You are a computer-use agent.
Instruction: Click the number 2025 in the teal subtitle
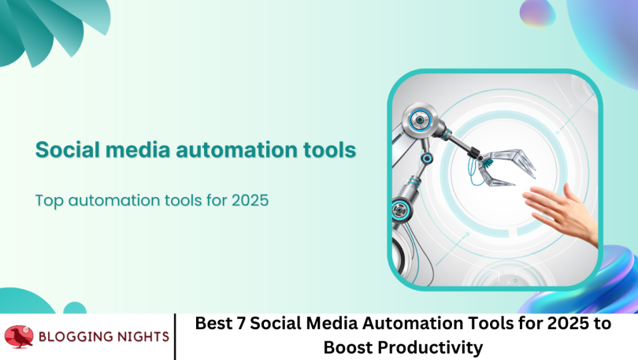250,200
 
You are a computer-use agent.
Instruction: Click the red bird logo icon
20,336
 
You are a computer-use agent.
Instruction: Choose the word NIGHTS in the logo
143,336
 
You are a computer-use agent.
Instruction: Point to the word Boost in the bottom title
350,347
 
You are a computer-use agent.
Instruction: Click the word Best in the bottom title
210,324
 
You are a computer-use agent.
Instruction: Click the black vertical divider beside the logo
175,336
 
